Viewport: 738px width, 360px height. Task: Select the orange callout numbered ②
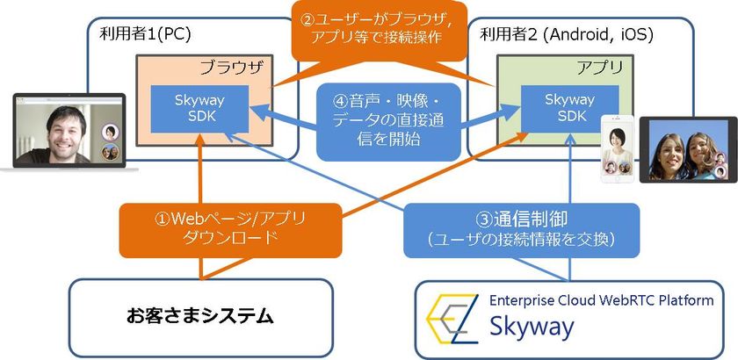379,28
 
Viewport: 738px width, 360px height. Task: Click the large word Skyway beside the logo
532,328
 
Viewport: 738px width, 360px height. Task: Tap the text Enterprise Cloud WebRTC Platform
601,301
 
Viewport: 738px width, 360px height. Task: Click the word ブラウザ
230,66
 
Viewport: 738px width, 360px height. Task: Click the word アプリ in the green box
599,66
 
